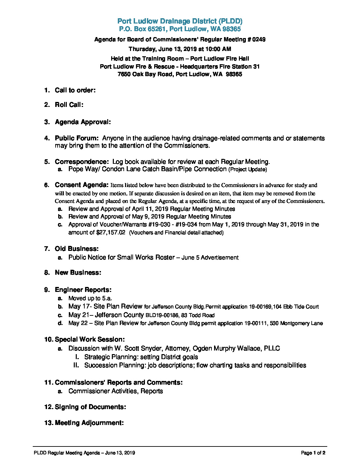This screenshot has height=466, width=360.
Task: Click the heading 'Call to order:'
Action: click(75, 90)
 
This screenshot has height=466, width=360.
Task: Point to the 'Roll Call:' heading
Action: click(69, 105)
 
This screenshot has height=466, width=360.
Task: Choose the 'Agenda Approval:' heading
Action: click(83, 122)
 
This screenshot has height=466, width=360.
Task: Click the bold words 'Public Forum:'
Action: click(76, 138)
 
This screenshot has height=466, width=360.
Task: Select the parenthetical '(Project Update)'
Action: click(247, 169)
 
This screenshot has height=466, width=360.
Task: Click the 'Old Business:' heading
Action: click(76, 249)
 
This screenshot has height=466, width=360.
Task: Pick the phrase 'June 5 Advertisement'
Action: click(210, 258)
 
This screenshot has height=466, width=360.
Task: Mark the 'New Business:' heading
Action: click(78, 273)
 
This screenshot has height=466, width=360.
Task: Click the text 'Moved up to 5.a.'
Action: click(90, 299)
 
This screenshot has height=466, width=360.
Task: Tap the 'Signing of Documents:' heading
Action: click(90, 407)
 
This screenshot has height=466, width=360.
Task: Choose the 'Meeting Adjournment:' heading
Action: click(89, 423)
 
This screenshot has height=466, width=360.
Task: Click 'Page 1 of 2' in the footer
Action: click(313, 453)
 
